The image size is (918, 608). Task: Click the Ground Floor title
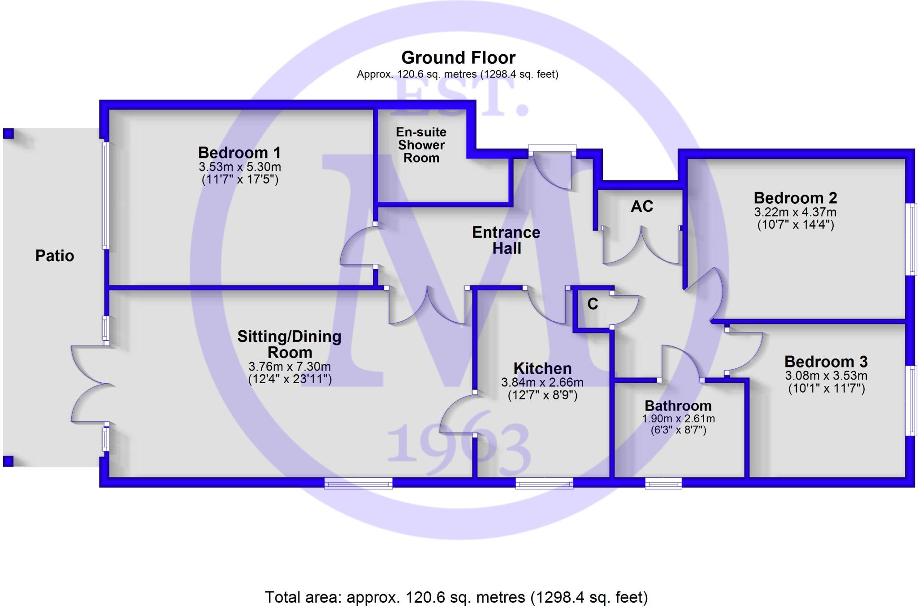[458, 58]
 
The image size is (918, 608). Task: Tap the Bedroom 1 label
[239, 153]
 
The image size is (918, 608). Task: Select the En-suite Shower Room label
[421, 145]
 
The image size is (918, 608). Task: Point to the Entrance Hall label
[506, 240]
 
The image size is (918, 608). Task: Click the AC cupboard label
[641, 206]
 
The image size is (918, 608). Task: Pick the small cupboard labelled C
[593, 304]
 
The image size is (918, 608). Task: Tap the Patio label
[55, 256]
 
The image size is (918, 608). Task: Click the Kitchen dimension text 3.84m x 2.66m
[542, 383]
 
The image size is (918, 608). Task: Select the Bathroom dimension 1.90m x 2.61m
[678, 419]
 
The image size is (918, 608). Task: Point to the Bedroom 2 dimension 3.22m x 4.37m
[795, 212]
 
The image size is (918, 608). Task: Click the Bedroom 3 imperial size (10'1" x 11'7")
[826, 389]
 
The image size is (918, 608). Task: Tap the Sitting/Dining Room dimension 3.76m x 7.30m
[290, 367]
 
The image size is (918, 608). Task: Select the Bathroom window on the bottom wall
[663, 483]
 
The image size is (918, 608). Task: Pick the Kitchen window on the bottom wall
[544, 483]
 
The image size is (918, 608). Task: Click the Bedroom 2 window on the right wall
[911, 239]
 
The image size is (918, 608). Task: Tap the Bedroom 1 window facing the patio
[106, 195]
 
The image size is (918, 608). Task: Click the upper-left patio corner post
[9, 133]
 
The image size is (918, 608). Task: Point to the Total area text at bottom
[456, 597]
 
